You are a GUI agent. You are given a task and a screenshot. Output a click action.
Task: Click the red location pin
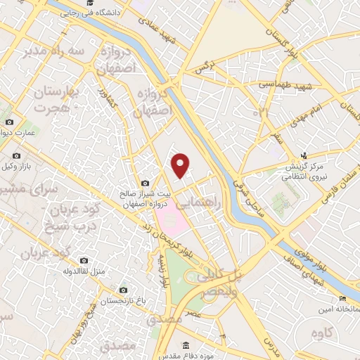point(181,165)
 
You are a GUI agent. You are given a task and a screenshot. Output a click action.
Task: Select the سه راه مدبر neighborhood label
point(56,51)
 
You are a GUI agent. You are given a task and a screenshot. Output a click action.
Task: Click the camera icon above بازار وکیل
point(16,156)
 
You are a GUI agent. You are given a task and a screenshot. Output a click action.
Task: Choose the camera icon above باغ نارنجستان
point(124,290)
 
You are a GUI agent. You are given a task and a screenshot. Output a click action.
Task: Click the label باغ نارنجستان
point(124,301)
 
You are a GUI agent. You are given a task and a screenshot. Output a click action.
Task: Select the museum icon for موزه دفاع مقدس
point(185,345)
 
